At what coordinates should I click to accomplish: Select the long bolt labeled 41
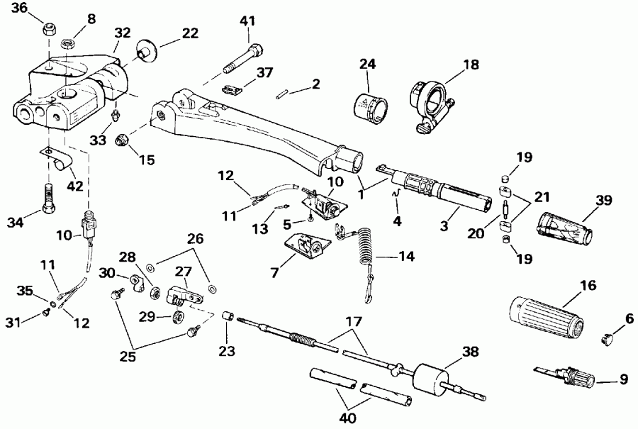(x=240, y=60)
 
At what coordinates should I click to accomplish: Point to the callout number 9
(x=623, y=379)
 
